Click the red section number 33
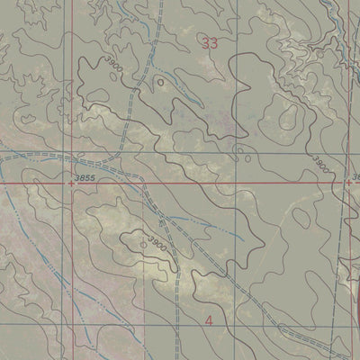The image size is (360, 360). coord(211,43)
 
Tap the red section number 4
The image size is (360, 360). coord(210,320)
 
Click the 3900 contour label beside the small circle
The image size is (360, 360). coord(159,243)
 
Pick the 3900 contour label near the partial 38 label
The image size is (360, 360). coord(321,163)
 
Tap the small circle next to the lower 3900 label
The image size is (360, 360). coord(142,242)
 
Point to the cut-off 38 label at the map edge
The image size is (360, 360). coord(355,176)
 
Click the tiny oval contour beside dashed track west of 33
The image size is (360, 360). coord(160,81)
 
